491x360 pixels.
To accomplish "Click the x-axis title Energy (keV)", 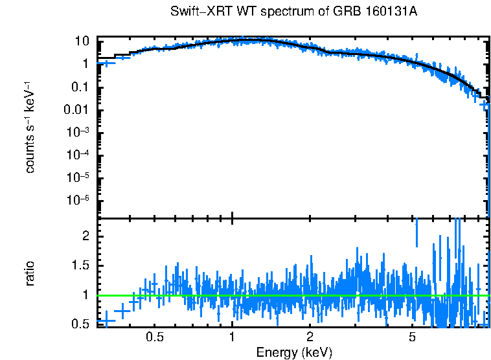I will click(x=294, y=352).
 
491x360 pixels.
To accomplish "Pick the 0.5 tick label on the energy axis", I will click(x=154, y=337).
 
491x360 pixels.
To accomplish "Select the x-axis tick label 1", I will click(x=232, y=337).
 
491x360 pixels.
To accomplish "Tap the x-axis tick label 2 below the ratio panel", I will click(x=310, y=337).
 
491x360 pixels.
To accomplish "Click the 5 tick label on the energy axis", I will click(x=413, y=337).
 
